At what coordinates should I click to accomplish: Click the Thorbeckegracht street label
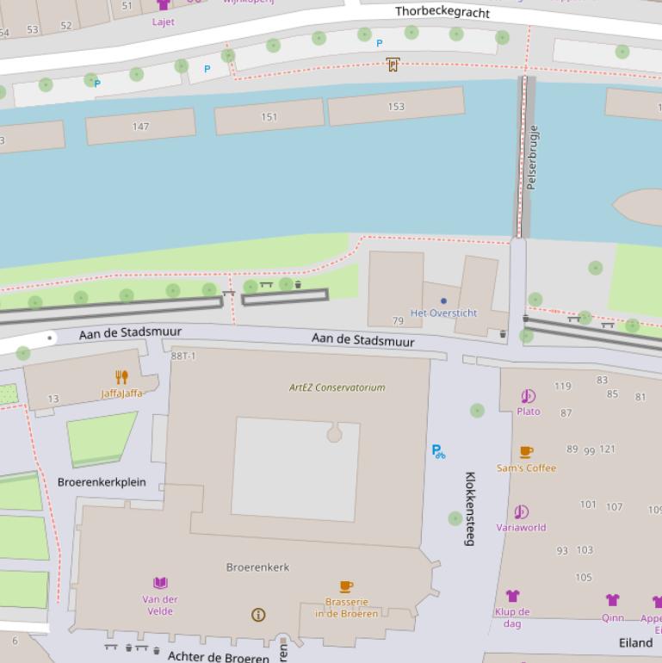tap(442, 12)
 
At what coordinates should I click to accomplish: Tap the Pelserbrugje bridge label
tap(532, 158)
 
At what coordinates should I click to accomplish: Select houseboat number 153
tap(395, 107)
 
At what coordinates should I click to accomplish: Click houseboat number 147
tap(140, 127)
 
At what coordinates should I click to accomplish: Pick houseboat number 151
tap(269, 117)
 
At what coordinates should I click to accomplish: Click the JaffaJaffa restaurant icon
tap(121, 377)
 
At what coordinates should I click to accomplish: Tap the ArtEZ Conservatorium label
tap(337, 387)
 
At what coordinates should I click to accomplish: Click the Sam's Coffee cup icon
tap(526, 452)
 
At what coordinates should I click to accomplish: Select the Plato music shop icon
tap(528, 396)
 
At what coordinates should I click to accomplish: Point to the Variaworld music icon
tap(521, 512)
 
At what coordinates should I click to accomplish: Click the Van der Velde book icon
tap(160, 583)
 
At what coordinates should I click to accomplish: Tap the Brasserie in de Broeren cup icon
tap(346, 587)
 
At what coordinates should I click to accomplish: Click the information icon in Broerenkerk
tap(257, 615)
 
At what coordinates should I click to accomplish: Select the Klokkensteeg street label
tap(470, 508)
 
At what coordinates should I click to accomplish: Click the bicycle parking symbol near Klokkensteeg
tap(438, 451)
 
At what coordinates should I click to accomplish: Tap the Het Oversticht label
tap(443, 313)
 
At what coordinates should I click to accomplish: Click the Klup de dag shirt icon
tap(512, 596)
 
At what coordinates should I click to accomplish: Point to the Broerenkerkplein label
tap(102, 482)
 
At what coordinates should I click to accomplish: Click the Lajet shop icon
tap(163, 5)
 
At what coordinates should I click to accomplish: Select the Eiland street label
tap(635, 643)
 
